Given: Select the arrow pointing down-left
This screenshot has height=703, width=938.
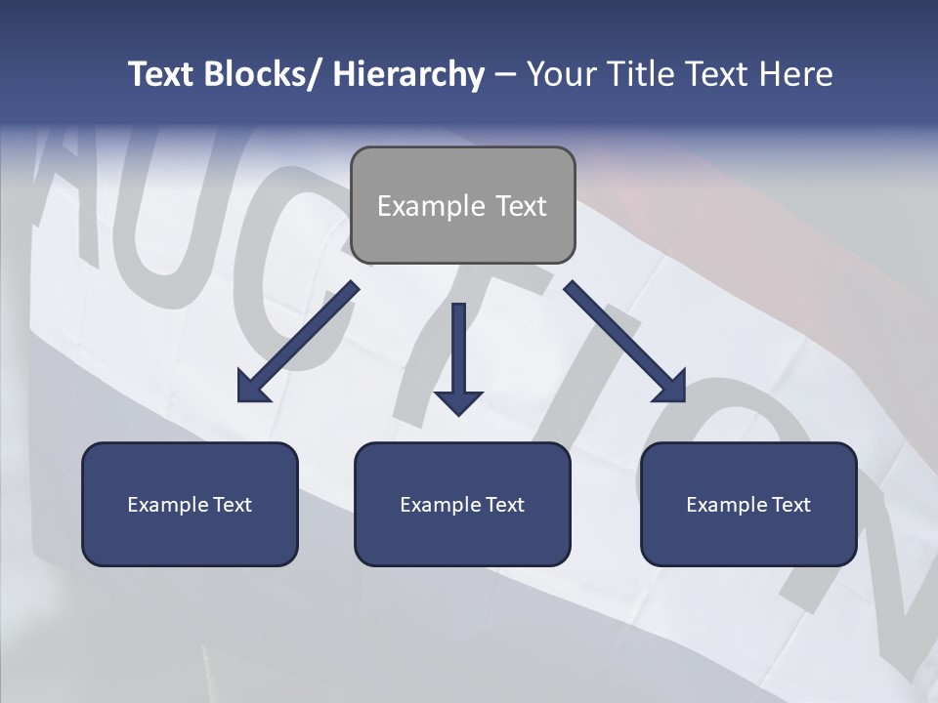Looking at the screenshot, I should [x=298, y=343].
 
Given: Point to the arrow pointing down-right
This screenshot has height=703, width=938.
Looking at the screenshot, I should [x=625, y=342].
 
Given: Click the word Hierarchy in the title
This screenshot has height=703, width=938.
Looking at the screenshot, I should [x=408, y=74].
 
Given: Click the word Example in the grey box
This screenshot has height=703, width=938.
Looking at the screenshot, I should [x=431, y=206].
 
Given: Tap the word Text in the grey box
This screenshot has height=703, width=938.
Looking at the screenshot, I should [x=521, y=206].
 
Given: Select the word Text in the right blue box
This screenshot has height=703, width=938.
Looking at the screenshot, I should [x=790, y=505].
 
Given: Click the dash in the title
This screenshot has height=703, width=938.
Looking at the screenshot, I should [x=505, y=75].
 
